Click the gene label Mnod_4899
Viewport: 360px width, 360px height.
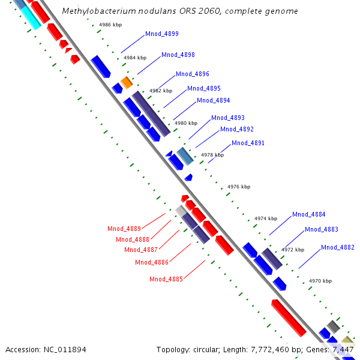coord(161,34)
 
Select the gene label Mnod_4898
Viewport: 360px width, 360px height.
coord(178,55)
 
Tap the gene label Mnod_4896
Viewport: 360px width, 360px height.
coord(192,74)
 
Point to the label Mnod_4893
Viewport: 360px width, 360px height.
coord(227,118)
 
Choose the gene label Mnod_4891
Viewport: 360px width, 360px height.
coord(248,143)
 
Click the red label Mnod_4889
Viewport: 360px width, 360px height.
coord(124,229)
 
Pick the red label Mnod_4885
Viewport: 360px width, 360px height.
coord(166,279)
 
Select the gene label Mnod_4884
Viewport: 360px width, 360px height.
coord(308,215)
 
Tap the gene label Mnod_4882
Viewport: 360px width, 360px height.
coord(337,248)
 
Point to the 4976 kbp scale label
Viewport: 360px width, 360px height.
coord(238,187)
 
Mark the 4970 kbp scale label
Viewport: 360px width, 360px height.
coord(319,281)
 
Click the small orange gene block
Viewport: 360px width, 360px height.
coord(126,81)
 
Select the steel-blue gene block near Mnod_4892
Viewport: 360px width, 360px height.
coord(184,155)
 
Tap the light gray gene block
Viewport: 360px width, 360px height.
coord(181,211)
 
